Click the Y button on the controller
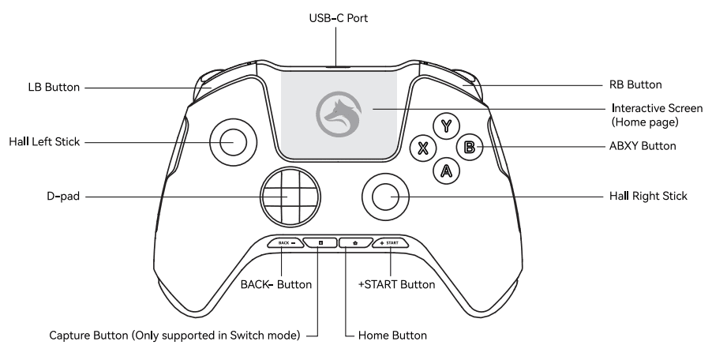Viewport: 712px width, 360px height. pyautogui.click(x=448, y=126)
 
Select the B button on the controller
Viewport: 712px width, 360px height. pyautogui.click(x=470, y=147)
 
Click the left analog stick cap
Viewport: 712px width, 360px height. pyautogui.click(x=234, y=142)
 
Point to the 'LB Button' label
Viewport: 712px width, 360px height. pyautogui.click(x=54, y=88)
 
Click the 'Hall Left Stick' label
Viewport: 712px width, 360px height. pyautogui.click(x=44, y=142)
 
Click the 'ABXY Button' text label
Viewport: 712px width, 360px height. pyautogui.click(x=643, y=147)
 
